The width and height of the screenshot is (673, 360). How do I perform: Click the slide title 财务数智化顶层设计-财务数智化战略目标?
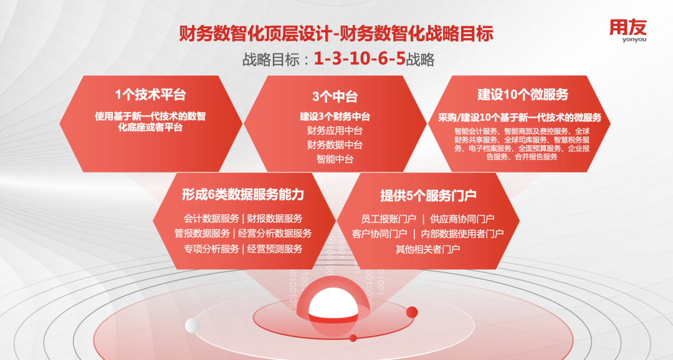336,34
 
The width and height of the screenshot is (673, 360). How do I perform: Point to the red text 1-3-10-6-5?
360,59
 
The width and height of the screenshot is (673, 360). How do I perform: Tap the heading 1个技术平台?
151,95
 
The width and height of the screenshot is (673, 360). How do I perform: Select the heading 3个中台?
335,97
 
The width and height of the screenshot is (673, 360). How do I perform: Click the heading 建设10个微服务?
523,95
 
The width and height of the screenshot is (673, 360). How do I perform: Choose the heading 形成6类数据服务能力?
243,194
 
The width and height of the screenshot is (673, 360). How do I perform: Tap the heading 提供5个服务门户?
428,195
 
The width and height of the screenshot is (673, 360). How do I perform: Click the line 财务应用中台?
335,130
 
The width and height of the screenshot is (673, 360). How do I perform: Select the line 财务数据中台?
335,145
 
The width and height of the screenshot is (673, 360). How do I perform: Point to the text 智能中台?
335,159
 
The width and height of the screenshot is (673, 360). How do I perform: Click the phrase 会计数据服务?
211,219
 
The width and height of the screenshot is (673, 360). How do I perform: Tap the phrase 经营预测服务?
275,249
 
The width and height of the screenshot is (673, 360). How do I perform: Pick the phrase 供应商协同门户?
462,219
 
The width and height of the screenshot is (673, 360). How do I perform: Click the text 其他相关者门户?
428,249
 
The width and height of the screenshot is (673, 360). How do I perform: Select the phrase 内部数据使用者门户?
462,234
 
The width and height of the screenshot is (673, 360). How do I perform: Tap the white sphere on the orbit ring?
193,326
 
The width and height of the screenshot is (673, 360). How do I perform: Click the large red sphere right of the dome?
412,312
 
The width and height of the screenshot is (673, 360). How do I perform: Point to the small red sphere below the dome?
353,338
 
